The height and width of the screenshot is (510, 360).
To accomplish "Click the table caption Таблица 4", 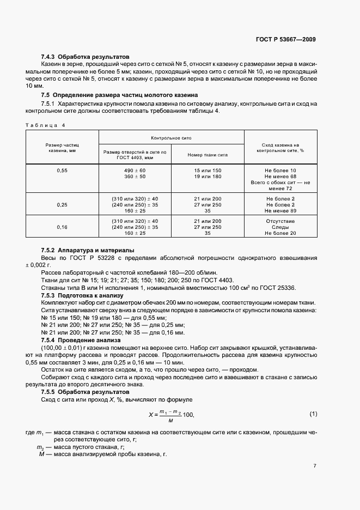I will (45, 125).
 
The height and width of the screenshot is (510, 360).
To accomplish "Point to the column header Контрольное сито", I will (170, 138).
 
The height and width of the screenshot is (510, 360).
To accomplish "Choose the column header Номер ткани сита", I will (207, 155).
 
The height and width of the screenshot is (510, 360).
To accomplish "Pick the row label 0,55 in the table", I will (62, 171).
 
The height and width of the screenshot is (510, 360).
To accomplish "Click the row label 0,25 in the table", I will (62, 204).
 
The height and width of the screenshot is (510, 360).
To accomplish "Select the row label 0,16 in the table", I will (62, 227).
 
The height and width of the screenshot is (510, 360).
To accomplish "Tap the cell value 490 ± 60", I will (135, 171).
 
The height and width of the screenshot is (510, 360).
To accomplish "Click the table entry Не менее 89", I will (280, 210).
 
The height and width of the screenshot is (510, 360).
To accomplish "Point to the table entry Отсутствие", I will (280, 221).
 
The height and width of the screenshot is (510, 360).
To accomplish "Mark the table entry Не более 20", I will (280, 233).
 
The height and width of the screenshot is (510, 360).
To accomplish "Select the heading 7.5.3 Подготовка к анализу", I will (83, 295).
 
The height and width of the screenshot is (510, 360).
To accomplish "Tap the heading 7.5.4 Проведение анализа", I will (82, 339).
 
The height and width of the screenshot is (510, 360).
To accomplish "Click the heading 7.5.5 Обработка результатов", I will (86, 392).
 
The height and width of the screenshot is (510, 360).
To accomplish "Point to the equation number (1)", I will (313, 414).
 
